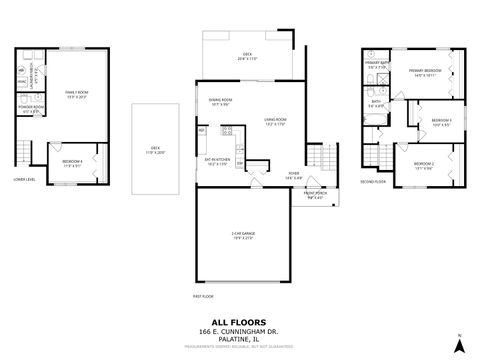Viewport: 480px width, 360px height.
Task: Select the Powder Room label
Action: click(31, 109)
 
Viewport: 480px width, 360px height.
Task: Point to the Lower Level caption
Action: click(26, 180)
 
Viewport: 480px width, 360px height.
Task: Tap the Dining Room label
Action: click(220, 103)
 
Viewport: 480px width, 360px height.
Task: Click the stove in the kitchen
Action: click(227, 130)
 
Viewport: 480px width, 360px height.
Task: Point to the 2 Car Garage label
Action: click(243, 236)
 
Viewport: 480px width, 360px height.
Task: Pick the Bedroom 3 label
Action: click(442, 123)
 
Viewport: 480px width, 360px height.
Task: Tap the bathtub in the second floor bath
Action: click(372, 120)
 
